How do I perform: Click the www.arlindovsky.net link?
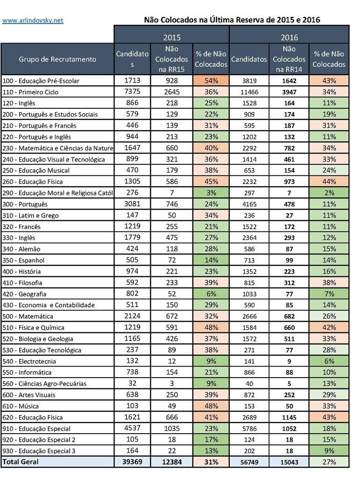[x=33, y=21]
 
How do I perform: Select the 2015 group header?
[x=171, y=37]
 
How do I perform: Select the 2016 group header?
[x=289, y=37]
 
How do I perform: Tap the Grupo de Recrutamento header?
[x=57, y=59]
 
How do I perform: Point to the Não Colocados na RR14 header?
[x=289, y=59]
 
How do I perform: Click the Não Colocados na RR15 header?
[x=171, y=59]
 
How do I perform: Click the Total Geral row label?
[x=21, y=462]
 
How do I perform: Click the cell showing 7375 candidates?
[x=132, y=92]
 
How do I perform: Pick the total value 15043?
[x=289, y=462]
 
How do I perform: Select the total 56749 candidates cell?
[x=249, y=462]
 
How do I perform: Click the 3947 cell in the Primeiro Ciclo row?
[x=289, y=92]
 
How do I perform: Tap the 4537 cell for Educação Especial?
[x=132, y=428]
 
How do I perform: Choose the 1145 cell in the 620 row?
[x=289, y=417]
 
